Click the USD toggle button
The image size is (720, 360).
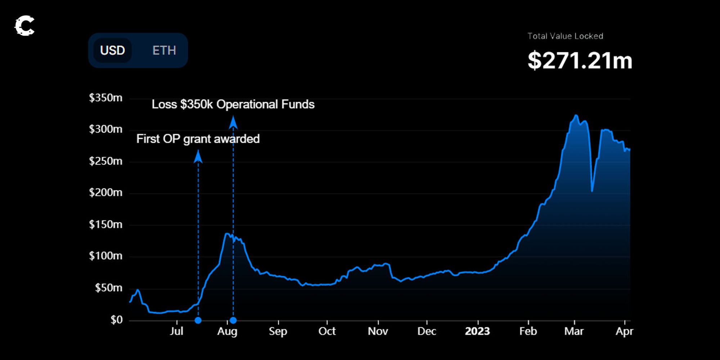[x=112, y=50]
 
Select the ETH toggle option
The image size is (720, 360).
[x=164, y=50]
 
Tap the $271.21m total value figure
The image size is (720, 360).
[x=580, y=60]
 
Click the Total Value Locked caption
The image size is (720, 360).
[x=565, y=36]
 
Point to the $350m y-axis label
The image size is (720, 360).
[x=105, y=98]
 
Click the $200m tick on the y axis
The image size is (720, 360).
[x=105, y=193]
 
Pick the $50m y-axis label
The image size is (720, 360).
[x=108, y=288]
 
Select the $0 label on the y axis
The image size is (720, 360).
[x=116, y=320]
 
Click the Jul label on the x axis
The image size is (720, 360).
[x=176, y=331]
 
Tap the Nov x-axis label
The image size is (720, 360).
[x=378, y=331]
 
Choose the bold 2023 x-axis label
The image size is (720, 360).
[x=477, y=331]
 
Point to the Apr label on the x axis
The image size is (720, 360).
[x=624, y=331]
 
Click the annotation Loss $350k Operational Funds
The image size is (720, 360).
[x=233, y=104]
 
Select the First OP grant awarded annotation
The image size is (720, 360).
[x=198, y=139]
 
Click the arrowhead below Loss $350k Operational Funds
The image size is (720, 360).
[x=233, y=123]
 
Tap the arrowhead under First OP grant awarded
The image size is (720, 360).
[x=198, y=157]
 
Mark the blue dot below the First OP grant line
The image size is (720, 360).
[x=198, y=320]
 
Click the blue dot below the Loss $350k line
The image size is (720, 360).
[x=233, y=320]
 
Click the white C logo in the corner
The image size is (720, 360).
[x=24, y=26]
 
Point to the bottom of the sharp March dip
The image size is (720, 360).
[x=592, y=191]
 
